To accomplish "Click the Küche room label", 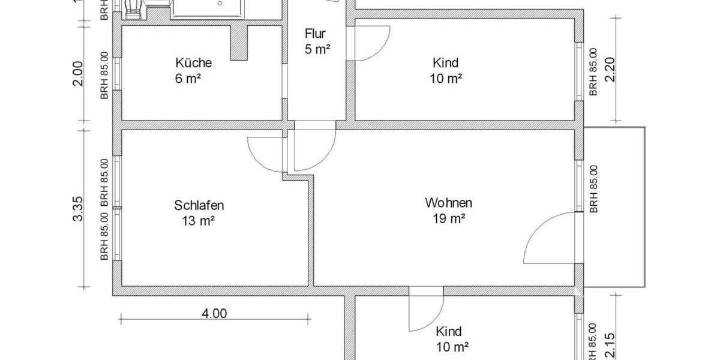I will point(193,62).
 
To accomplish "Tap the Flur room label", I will point(314,34).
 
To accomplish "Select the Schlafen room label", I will point(199,205).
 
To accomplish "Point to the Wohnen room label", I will point(448,202).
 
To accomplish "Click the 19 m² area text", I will point(448,219).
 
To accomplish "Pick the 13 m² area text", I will point(199,221).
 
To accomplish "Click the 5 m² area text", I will point(317,49).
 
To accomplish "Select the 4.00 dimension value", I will point(214,313).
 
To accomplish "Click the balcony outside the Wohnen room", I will point(614,206).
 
